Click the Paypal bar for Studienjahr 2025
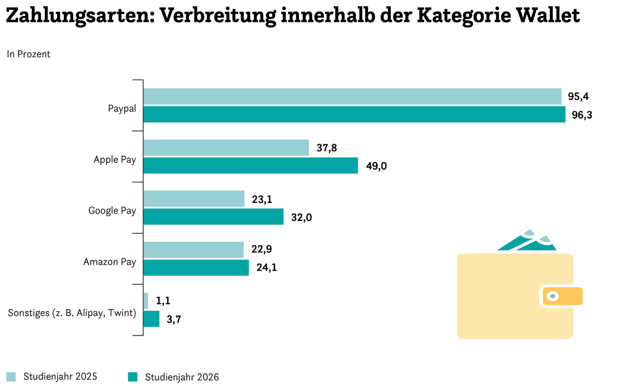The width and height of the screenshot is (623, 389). [353, 96]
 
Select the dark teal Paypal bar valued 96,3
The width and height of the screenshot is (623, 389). [354, 114]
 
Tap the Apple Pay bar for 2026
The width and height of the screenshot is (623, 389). [251, 165]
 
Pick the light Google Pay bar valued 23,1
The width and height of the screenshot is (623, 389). [194, 199]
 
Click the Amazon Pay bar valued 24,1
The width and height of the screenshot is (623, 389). [196, 268]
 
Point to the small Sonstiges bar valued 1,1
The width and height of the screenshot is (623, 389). [146, 301]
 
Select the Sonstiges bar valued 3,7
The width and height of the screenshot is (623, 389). [151, 318]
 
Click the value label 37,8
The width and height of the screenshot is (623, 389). [327, 148]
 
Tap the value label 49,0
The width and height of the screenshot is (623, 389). [376, 166]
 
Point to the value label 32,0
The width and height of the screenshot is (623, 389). [302, 217]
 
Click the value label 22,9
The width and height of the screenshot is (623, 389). [262, 249]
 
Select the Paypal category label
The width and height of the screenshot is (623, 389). [122, 108]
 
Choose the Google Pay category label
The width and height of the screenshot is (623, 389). [112, 211]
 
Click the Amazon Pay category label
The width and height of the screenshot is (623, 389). [110, 262]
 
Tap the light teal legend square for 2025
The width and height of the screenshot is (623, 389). [11, 377]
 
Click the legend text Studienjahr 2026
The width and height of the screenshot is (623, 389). [182, 377]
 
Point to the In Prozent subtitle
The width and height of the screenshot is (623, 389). [29, 54]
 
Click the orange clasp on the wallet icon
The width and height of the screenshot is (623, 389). [562, 296]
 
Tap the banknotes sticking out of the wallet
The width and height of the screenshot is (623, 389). [527, 241]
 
